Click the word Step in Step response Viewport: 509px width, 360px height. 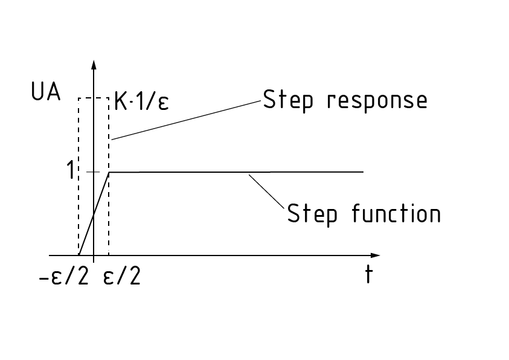(288, 100)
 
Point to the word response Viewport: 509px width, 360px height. (377, 101)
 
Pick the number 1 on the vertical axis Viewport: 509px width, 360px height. (72, 172)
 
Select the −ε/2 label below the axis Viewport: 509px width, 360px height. (65, 277)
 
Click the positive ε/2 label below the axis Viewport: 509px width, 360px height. (123, 277)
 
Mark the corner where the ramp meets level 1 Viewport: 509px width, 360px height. (109, 172)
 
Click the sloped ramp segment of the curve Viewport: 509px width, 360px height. (94, 214)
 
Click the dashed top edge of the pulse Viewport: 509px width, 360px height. (93, 98)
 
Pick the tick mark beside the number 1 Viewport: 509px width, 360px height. (92, 172)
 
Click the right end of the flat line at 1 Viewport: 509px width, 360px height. (362, 172)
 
